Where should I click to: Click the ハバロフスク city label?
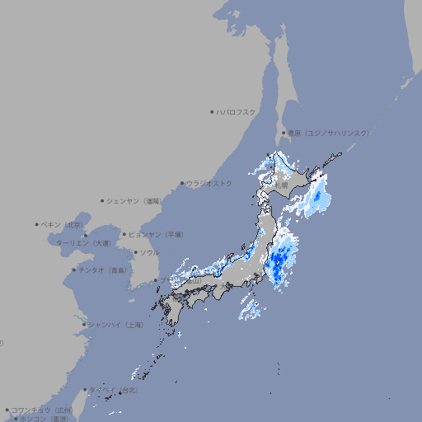[237, 111]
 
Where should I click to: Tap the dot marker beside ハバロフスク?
[212, 111]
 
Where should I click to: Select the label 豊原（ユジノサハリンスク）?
[329, 133]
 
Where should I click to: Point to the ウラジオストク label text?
[209, 183]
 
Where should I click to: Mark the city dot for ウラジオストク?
[182, 184]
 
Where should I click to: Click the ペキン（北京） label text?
[63, 224]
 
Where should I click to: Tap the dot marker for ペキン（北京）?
[37, 224]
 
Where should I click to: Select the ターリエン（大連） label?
[84, 243]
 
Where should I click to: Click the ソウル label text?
[149, 252]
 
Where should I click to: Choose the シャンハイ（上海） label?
[115, 325]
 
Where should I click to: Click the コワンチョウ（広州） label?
[42, 410]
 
